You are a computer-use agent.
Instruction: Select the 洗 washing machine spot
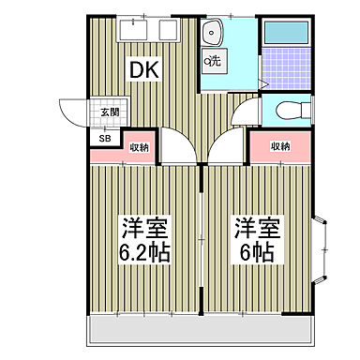(x=214, y=63)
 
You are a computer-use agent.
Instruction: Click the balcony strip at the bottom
(x=202, y=328)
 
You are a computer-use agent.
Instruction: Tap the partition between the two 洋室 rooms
(x=202, y=239)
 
